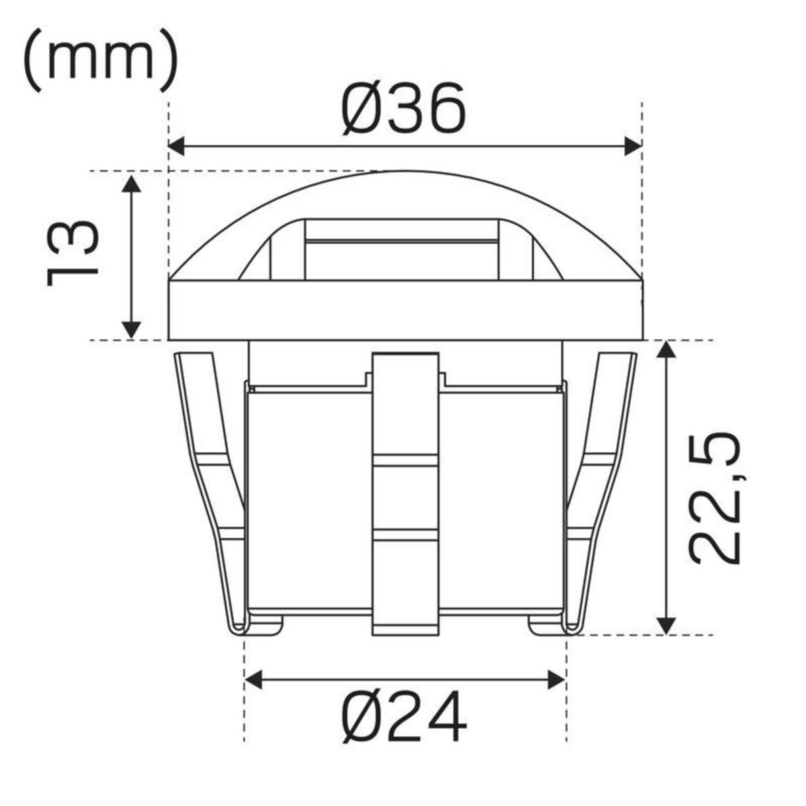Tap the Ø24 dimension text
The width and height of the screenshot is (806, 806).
pos(404,717)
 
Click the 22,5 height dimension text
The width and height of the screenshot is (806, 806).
pos(715,497)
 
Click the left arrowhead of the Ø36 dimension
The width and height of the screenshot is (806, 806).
pos(177,146)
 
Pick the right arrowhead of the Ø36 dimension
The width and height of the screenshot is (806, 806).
pos(633,146)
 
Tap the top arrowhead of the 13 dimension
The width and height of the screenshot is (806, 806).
pos(132,182)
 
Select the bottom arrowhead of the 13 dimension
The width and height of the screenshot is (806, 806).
pos(132,329)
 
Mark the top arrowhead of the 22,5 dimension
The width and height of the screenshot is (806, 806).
pos(665,351)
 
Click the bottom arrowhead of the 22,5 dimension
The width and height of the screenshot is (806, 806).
pos(665,624)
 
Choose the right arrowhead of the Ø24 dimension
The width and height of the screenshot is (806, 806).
pos(556,679)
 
